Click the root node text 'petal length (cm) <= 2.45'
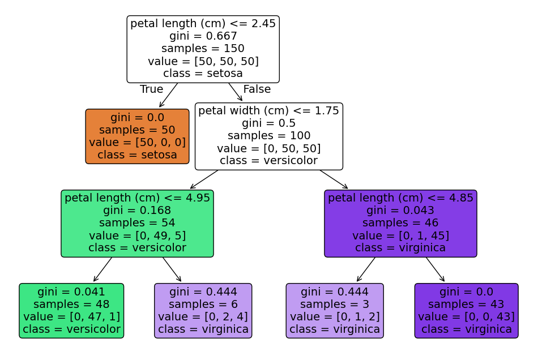203,24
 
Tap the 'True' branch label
151,89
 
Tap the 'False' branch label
257,89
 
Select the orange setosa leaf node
137,136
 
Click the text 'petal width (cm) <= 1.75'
268,111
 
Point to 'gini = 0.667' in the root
203,36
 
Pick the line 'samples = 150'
203,49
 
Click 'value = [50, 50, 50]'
203,61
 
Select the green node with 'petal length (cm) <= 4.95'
137,224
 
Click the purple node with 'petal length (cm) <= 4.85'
400,224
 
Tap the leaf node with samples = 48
71,311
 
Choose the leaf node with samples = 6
203,311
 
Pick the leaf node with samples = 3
335,311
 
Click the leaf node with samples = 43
466,311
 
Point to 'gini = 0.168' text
137,211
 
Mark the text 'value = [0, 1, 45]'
400,235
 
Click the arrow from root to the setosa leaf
168,95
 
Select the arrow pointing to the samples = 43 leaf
435,269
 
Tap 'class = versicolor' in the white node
268,161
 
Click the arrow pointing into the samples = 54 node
204,179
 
